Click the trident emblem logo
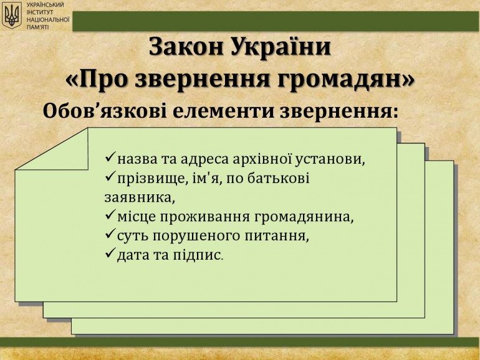tap(12, 16)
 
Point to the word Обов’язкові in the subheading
tap(105, 111)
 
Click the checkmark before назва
tap(110, 158)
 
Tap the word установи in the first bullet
tap(330, 160)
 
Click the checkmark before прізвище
tap(110, 177)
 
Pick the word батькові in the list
tap(278, 178)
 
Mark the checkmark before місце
tap(110, 216)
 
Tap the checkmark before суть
tap(110, 235)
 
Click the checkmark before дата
tap(110, 254)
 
